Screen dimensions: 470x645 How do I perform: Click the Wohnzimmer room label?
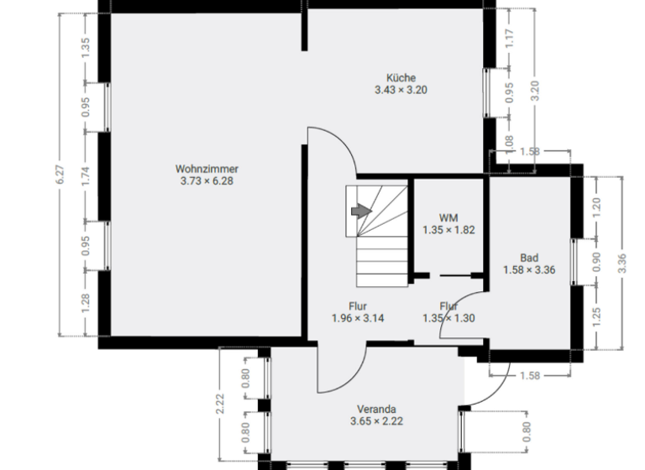pos(203,168)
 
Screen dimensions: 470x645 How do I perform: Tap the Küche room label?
pos(401,78)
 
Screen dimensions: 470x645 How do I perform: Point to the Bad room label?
pos(529,258)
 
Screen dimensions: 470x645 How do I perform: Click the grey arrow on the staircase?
pos(360,211)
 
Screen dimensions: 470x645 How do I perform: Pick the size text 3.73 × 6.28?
pos(203,180)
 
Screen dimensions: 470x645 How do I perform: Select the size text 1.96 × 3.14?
pos(357,319)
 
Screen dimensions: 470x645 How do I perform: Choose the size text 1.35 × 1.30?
pos(450,319)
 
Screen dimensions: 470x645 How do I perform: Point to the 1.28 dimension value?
pos(86,303)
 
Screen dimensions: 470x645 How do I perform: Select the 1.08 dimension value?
pos(510,144)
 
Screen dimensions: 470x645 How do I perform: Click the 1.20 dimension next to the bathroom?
pos(598,207)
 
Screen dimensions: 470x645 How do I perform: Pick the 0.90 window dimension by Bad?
pos(598,263)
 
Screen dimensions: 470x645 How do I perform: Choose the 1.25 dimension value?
pos(598,318)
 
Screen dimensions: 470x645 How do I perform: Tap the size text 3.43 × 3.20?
pos(401,91)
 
